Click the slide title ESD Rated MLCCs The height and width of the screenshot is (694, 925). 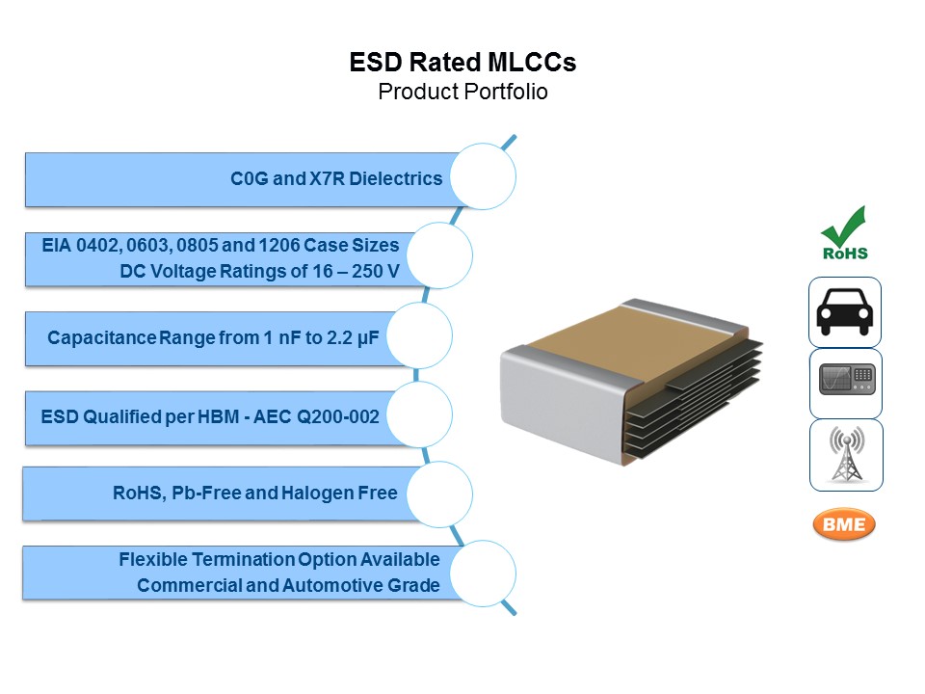[x=462, y=63]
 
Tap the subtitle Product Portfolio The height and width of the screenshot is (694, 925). [x=462, y=93]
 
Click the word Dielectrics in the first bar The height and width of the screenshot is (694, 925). [x=395, y=178]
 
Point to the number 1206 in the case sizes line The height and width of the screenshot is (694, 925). [x=279, y=245]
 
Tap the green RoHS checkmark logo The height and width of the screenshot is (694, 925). [x=845, y=233]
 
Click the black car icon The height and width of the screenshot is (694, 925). [x=845, y=311]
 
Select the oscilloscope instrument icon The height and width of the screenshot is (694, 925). [x=846, y=380]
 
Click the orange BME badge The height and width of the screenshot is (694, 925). [x=844, y=524]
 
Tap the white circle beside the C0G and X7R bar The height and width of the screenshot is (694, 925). [x=483, y=176]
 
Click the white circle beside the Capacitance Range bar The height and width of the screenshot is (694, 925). [x=419, y=335]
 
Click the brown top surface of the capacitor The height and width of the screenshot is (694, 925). [x=630, y=341]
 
